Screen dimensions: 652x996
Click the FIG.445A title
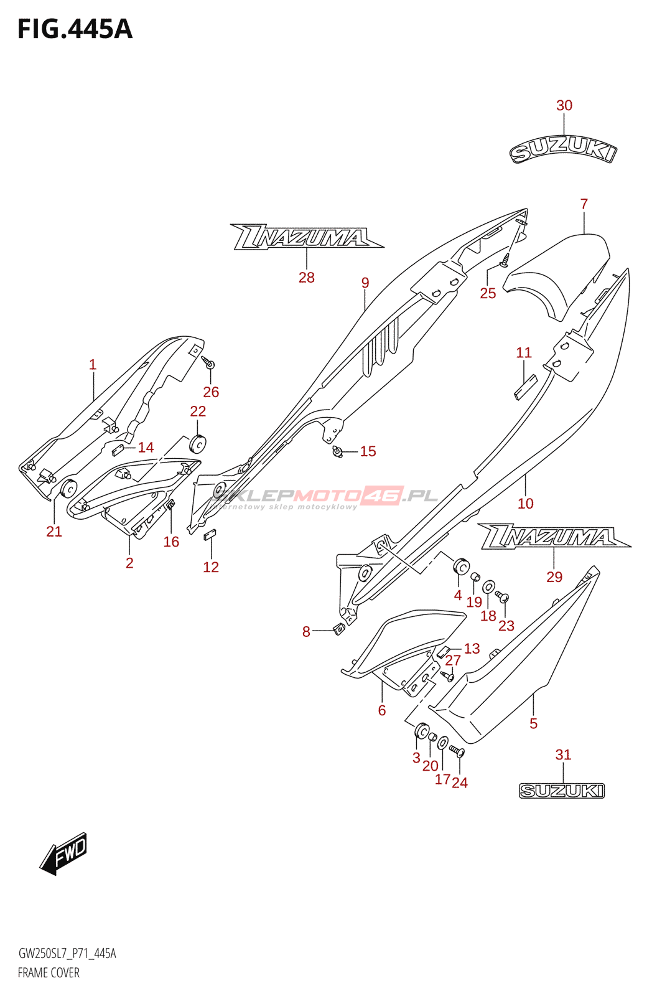coord(75,29)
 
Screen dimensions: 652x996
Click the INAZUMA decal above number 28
coord(307,236)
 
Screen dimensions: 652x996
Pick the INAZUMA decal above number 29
coord(554,536)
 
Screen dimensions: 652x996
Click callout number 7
coord(584,204)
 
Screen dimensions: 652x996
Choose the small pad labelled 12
coord(209,534)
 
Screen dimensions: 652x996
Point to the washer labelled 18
coord(488,586)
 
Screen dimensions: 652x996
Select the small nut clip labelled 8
coord(339,629)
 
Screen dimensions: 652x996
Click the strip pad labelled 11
coord(525,387)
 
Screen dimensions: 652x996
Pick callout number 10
coord(525,504)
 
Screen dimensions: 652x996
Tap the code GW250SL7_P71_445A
coord(67,953)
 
